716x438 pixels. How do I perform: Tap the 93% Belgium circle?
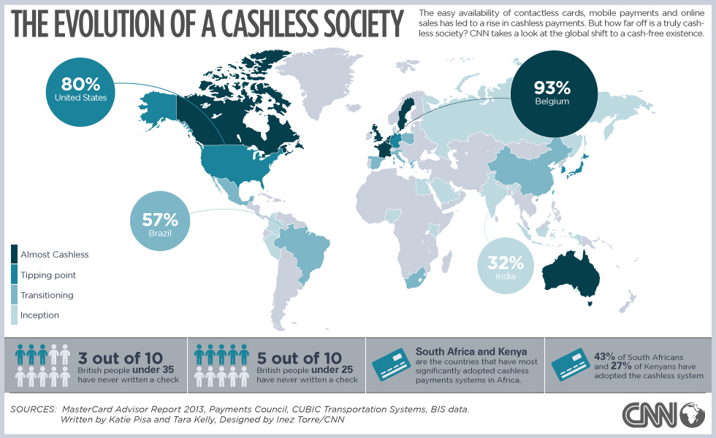click(552, 93)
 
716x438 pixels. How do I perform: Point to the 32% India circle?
click(506, 267)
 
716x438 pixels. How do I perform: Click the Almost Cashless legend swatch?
click(15, 254)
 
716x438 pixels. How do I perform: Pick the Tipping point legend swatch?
click(15, 274)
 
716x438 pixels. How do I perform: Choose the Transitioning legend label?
click(47, 295)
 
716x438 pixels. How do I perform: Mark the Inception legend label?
click(39, 315)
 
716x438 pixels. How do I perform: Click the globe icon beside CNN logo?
click(692, 414)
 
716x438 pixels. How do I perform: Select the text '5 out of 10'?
click(299, 358)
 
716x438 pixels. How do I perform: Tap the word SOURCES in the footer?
click(34, 410)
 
